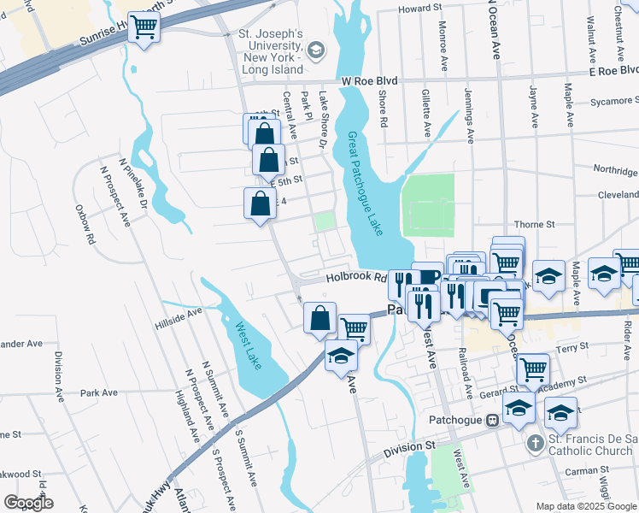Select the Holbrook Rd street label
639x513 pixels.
pyautogui.click(x=351, y=277)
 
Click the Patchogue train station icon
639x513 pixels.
pyautogui.click(x=492, y=420)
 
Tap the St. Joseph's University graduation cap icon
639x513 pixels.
pyautogui.click(x=316, y=50)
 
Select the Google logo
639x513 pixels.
pyautogui.click(x=29, y=503)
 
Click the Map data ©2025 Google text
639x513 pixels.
pyautogui.click(x=585, y=506)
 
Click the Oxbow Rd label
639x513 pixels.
pyautogui.click(x=88, y=226)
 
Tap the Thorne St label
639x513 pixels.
pyautogui.click(x=535, y=224)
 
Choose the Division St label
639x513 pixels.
pyautogui.click(x=409, y=446)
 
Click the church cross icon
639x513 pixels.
pyautogui.click(x=535, y=443)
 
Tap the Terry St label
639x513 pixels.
pyautogui.click(x=567, y=349)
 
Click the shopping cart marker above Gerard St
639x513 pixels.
pyautogui.click(x=533, y=369)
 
